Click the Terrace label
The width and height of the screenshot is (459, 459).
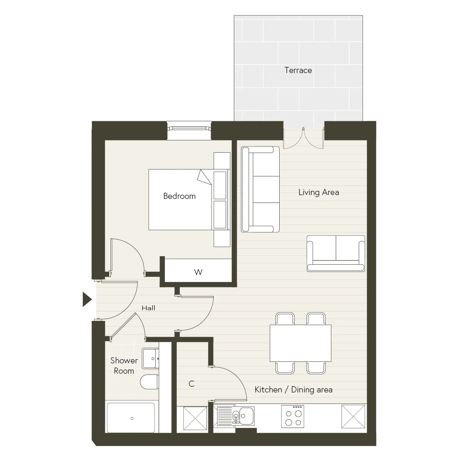tap(298, 70)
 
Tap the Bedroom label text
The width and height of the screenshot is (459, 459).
tap(179, 196)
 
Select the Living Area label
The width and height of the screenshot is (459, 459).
tap(319, 192)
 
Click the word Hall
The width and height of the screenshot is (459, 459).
tap(148, 308)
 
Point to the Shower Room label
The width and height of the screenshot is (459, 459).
tap(124, 366)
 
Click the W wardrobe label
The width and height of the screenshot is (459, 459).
tap(198, 272)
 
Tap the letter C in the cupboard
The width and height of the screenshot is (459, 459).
tap(191, 384)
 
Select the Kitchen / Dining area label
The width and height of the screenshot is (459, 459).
tap(293, 390)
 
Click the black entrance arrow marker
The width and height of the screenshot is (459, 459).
tap(87, 299)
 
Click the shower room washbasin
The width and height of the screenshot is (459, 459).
tap(150, 358)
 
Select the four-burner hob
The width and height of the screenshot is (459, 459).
tap(293, 417)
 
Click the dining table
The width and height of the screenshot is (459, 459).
tap(300, 343)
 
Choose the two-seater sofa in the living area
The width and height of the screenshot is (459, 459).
tap(335, 254)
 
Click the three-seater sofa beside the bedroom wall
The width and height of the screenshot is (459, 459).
tap(260, 189)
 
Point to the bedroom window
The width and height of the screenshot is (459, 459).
tap(189, 130)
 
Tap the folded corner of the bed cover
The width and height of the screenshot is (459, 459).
tap(204, 177)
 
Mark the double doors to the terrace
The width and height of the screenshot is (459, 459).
tap(303, 138)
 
